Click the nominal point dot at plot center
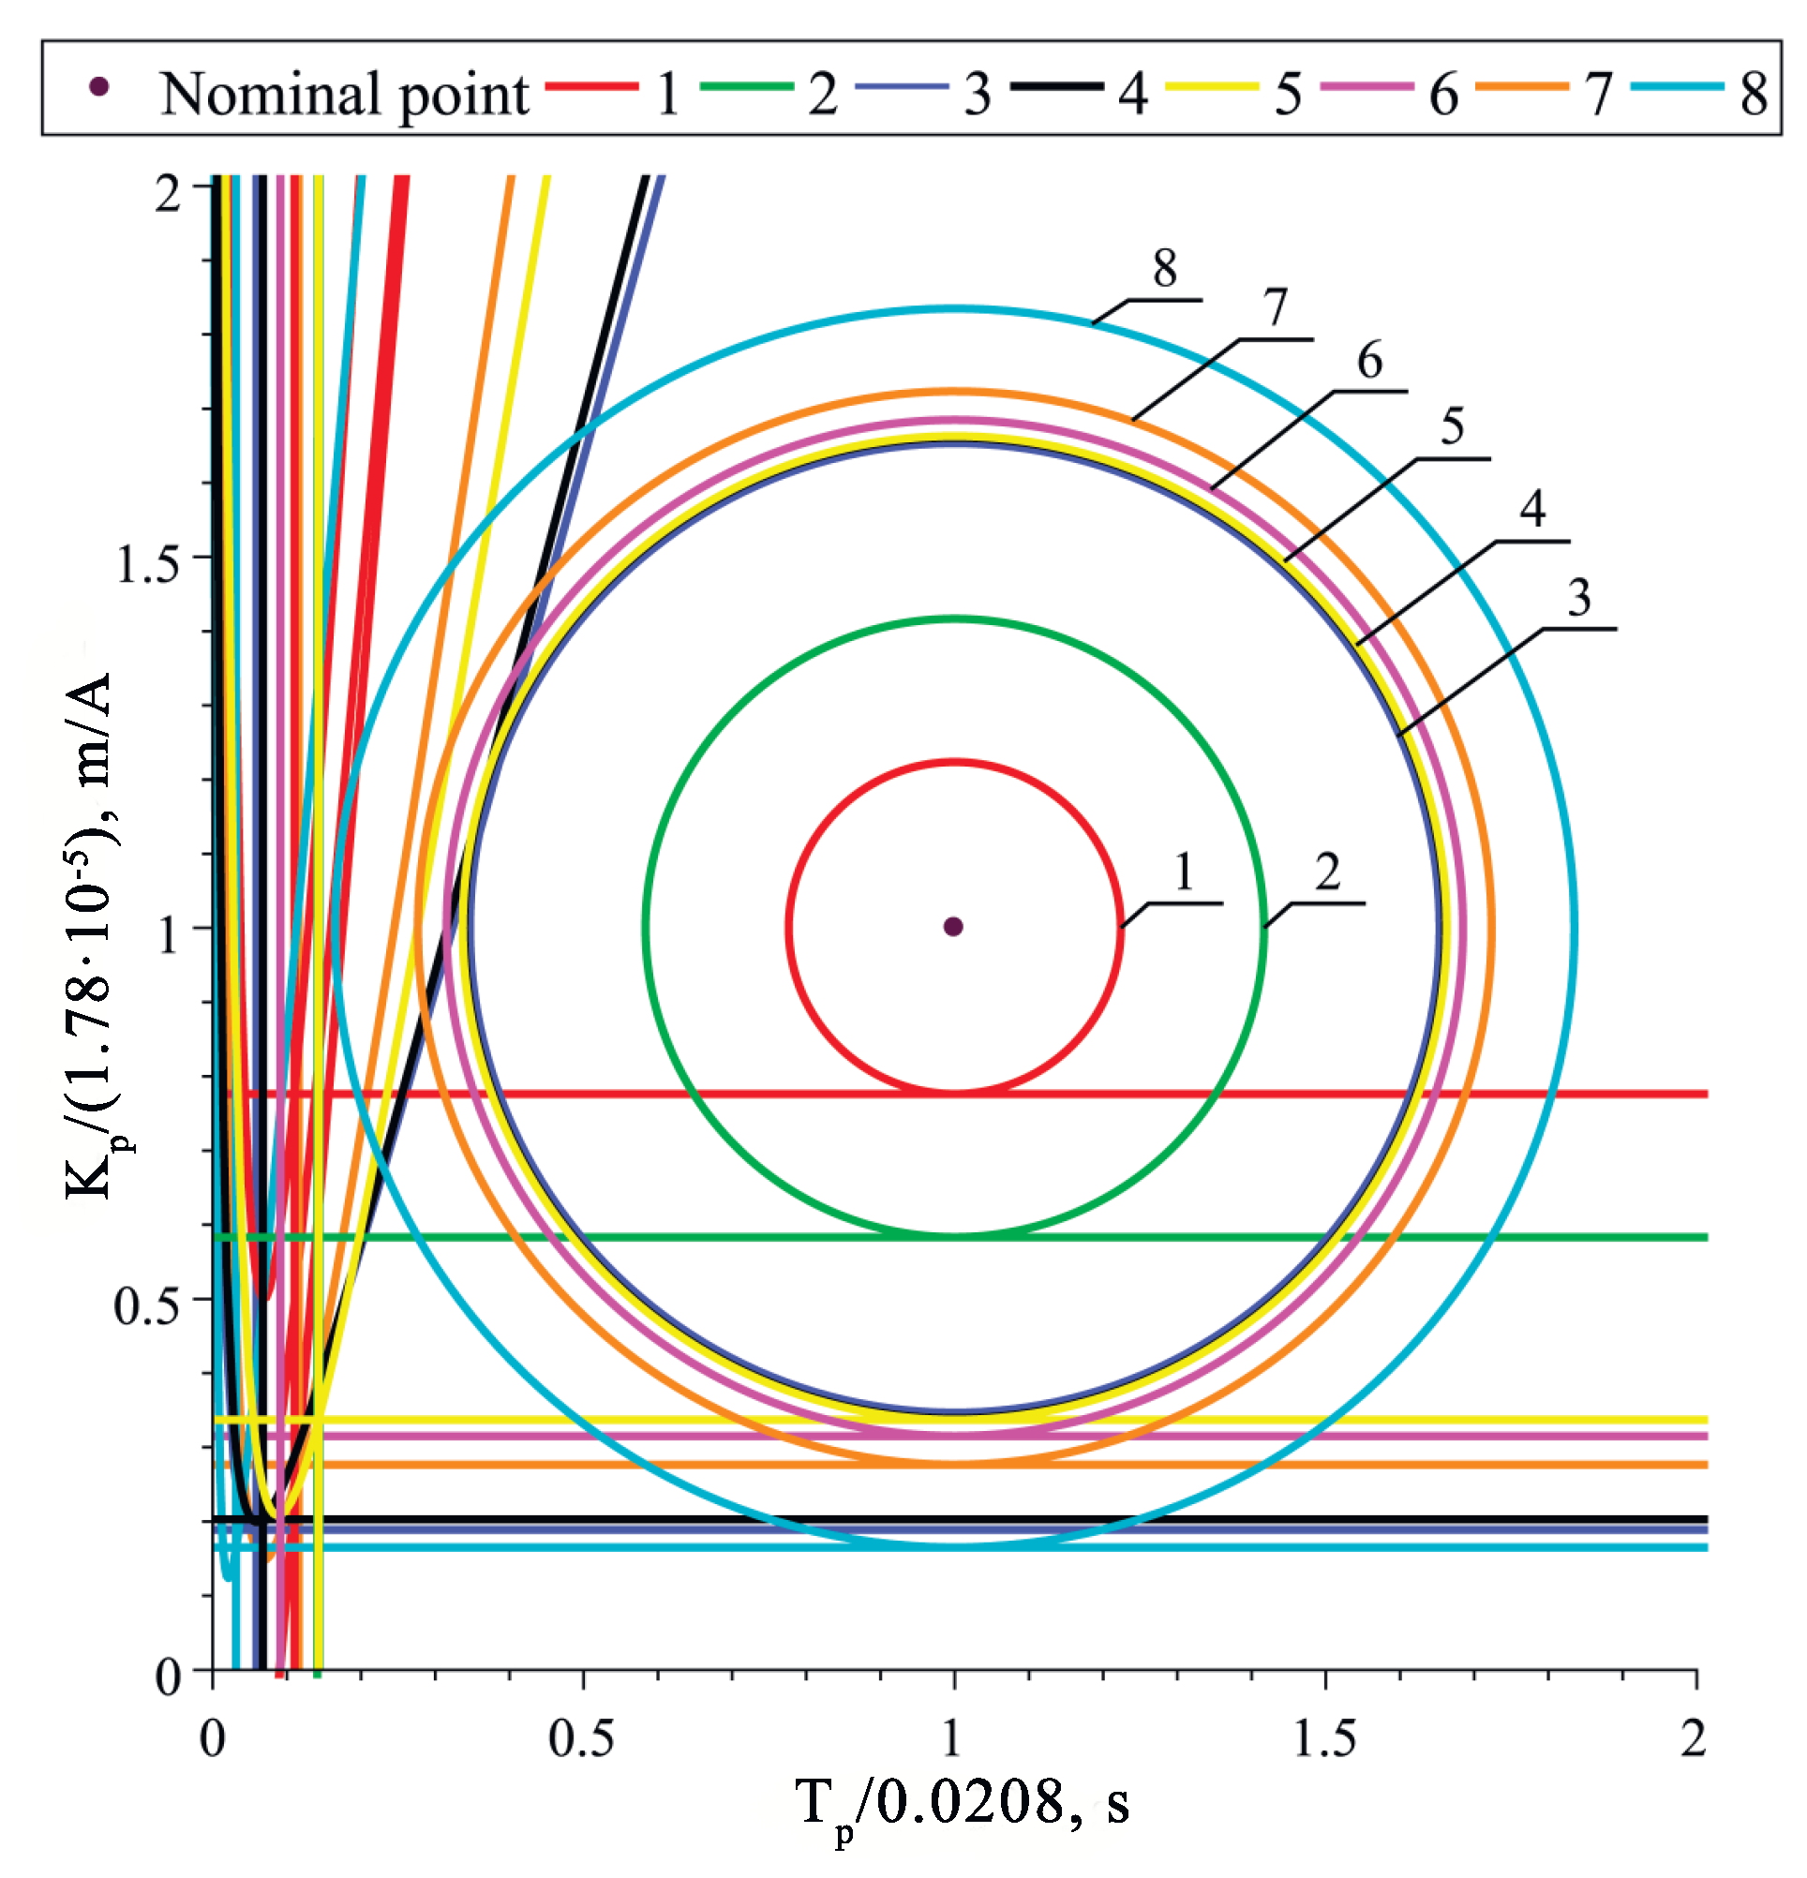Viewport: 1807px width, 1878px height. (x=952, y=926)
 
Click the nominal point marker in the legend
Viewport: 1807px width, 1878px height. (x=98, y=87)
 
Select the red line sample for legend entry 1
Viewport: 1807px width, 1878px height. (x=591, y=87)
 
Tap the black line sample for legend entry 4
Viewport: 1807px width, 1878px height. (x=1056, y=87)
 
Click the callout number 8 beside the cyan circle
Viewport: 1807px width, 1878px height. (x=1164, y=268)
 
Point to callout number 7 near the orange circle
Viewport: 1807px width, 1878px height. (x=1275, y=307)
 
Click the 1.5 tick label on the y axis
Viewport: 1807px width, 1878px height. (x=145, y=564)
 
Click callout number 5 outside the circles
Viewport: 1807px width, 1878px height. (x=1453, y=426)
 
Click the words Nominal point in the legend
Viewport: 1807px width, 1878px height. (x=344, y=94)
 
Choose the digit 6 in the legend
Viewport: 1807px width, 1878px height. (x=1443, y=94)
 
